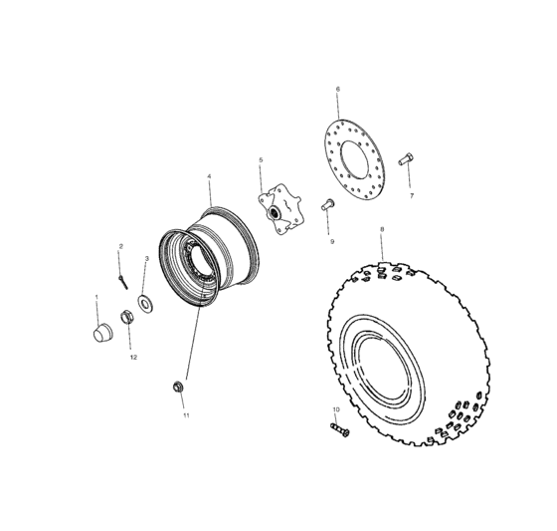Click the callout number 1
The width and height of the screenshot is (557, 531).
(x=96, y=297)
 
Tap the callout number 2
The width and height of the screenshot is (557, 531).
(x=121, y=246)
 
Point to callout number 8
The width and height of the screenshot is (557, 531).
(x=382, y=229)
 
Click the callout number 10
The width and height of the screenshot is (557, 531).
(x=335, y=409)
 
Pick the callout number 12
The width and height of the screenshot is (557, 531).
(x=132, y=357)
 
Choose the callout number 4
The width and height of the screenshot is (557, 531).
(x=209, y=176)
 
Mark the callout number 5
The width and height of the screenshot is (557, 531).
(x=261, y=159)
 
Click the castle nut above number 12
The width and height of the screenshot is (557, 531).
(x=128, y=319)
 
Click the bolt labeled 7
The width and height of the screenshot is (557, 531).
(x=405, y=159)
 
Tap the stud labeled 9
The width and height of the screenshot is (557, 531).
(x=325, y=206)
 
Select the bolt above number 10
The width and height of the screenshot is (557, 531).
(x=337, y=430)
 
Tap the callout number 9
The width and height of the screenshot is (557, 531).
(x=332, y=241)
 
